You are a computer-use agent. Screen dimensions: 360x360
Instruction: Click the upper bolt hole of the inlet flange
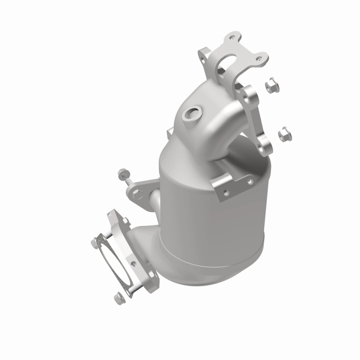coord(247,94)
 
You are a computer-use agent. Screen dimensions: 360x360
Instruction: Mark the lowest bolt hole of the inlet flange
coord(265,146)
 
